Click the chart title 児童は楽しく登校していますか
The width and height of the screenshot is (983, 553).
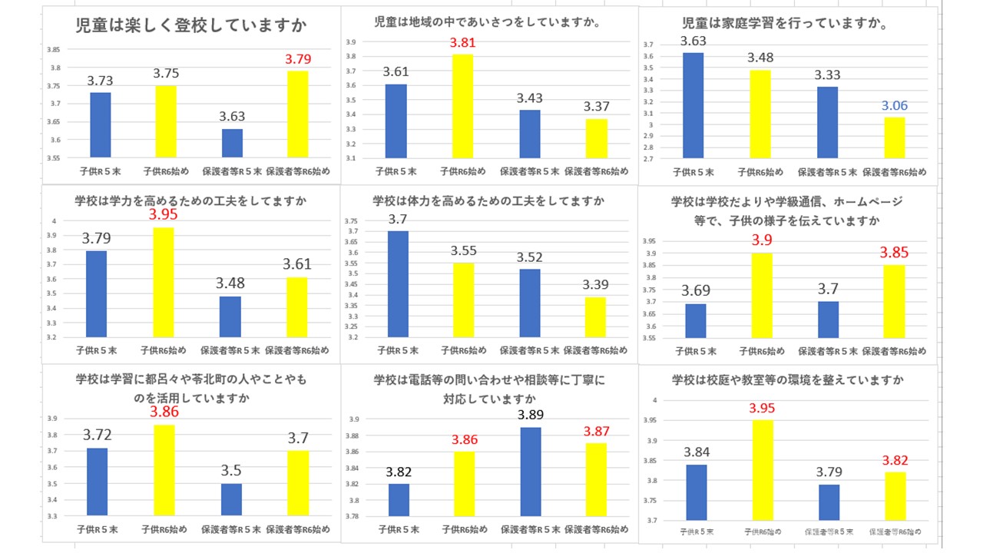pos(191,25)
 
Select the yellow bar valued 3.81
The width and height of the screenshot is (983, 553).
pos(462,106)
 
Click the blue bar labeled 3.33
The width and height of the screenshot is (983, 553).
pos(827,123)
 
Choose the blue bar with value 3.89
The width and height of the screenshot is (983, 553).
pos(530,472)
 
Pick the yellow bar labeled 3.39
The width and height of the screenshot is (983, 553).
pos(596,316)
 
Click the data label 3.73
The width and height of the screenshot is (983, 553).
pos(100,81)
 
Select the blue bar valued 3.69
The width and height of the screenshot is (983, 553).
pos(695,320)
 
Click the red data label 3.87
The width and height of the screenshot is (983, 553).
pos(596,431)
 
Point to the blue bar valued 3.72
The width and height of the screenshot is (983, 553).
pos(97,482)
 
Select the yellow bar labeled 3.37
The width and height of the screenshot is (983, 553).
pos(596,138)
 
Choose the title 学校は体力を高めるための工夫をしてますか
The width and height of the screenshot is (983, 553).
pos(488,201)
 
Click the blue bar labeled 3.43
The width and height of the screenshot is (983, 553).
pos(530,134)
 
